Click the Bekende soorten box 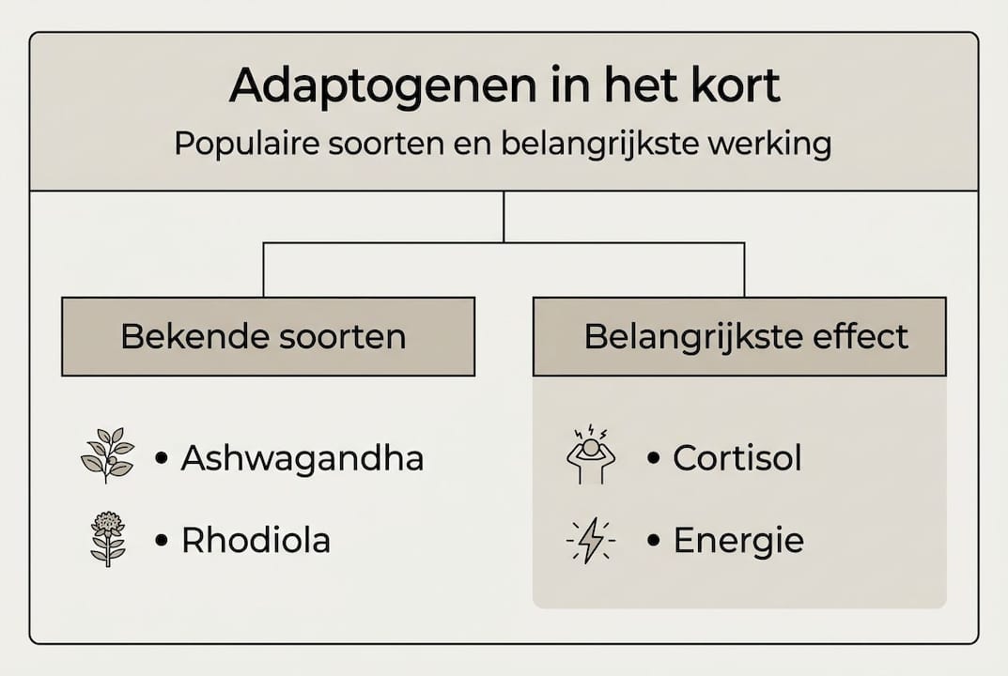[x=268, y=337]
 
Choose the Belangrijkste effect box [x=739, y=337]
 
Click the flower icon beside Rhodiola [x=107, y=538]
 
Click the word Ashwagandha [x=302, y=458]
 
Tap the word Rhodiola [x=256, y=541]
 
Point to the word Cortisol [x=737, y=458]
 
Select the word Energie [x=738, y=542]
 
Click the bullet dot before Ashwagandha [x=162, y=459]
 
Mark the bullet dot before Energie [x=654, y=542]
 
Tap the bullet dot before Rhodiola [x=162, y=542]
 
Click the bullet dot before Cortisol [x=654, y=459]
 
